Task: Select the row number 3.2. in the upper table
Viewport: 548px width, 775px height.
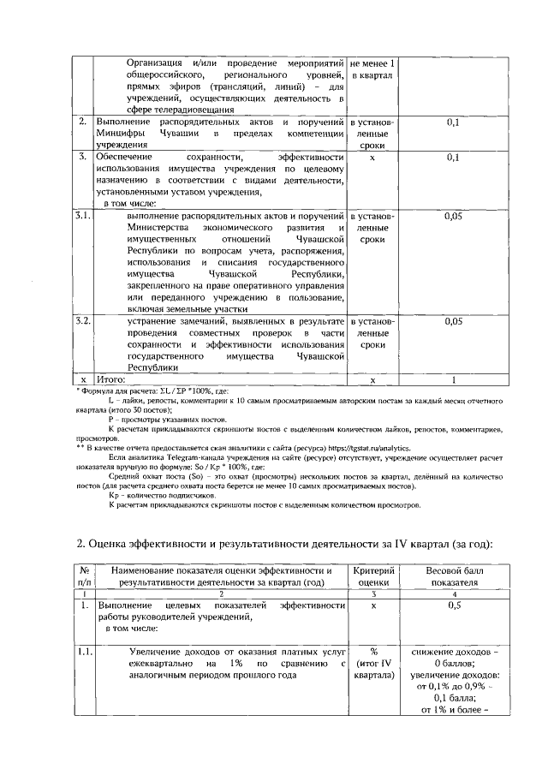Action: [x=82, y=320]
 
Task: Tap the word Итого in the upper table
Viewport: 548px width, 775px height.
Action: [x=110, y=378]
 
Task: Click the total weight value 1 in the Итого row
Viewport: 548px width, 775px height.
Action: [x=454, y=378]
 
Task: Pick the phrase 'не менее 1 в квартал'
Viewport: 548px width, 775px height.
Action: [x=372, y=70]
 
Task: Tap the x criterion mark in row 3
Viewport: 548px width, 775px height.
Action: [x=372, y=158]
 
